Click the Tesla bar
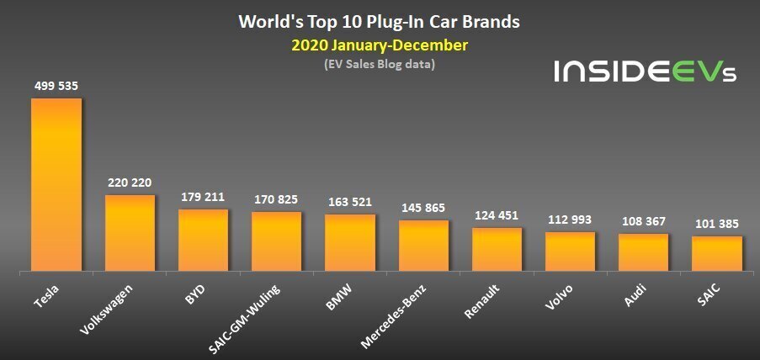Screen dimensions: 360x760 [56, 185]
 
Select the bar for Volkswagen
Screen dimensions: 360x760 [130, 233]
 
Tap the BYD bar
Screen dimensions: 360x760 [203, 241]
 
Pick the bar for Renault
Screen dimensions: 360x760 [497, 250]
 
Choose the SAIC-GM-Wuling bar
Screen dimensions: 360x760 [276, 242]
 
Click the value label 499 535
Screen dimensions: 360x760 [56, 85]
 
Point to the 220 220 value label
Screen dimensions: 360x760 [130, 182]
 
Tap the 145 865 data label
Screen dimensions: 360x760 [423, 208]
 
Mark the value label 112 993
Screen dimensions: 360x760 [570, 220]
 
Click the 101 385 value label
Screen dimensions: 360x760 [717, 225]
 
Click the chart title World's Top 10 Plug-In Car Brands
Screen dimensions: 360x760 [380, 21]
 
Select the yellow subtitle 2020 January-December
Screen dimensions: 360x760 [380, 45]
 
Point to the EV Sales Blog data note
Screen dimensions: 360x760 [380, 64]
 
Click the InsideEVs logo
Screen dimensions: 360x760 [645, 71]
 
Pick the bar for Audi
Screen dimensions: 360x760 [643, 252]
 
